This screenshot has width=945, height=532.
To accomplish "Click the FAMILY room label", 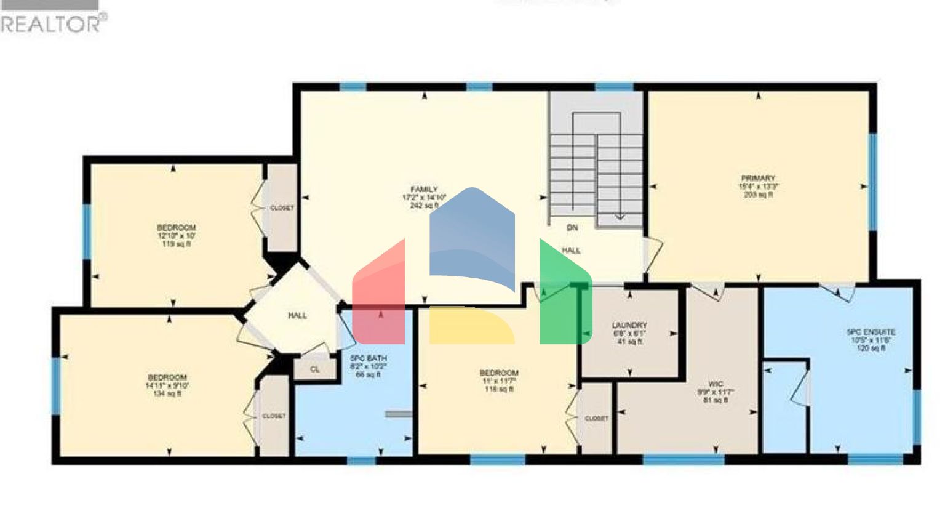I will [424, 190].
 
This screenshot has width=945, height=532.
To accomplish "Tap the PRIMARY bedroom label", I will [758, 179].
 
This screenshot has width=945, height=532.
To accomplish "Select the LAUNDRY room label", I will [629, 325].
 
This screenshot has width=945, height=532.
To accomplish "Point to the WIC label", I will [715, 384].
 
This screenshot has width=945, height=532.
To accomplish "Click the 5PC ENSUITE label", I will [871, 332].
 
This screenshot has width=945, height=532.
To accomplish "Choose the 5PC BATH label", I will [369, 358].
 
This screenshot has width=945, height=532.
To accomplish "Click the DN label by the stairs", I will [572, 228].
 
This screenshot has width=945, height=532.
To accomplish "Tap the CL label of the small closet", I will [315, 369].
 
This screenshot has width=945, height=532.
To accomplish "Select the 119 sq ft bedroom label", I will [176, 228].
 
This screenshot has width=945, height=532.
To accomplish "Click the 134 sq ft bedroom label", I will [167, 377].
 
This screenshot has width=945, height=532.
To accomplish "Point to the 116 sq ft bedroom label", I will [499, 373].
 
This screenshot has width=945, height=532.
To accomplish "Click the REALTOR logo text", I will [52, 23].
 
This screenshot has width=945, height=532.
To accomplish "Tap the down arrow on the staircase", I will [620, 216].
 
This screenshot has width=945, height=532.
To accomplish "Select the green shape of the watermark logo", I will [563, 296].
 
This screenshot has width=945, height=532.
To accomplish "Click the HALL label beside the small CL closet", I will [297, 316].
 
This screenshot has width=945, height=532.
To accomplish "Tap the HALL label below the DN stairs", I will [571, 251].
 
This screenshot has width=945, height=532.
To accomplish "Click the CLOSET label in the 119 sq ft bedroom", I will [282, 208].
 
